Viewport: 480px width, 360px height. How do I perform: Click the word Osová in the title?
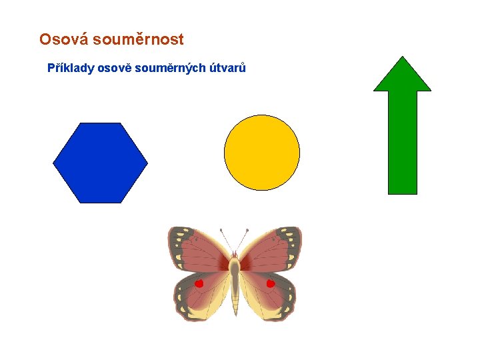click(x=63, y=40)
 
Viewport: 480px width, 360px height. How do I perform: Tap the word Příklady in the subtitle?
click(x=71, y=68)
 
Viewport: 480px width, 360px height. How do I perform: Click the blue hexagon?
click(x=100, y=163)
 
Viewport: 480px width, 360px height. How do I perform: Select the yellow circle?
click(x=262, y=153)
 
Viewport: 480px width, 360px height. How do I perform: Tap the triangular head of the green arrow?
click(x=402, y=77)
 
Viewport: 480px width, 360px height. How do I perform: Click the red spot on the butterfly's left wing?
click(x=199, y=284)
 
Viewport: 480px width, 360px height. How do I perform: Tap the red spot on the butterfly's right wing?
click(x=271, y=284)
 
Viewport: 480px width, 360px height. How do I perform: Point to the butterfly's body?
click(x=235, y=280)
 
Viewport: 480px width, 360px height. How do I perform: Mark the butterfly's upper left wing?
click(x=200, y=250)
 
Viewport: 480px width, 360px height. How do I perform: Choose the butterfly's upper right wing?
click(x=270, y=250)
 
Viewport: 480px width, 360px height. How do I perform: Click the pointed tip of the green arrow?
click(x=402, y=58)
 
